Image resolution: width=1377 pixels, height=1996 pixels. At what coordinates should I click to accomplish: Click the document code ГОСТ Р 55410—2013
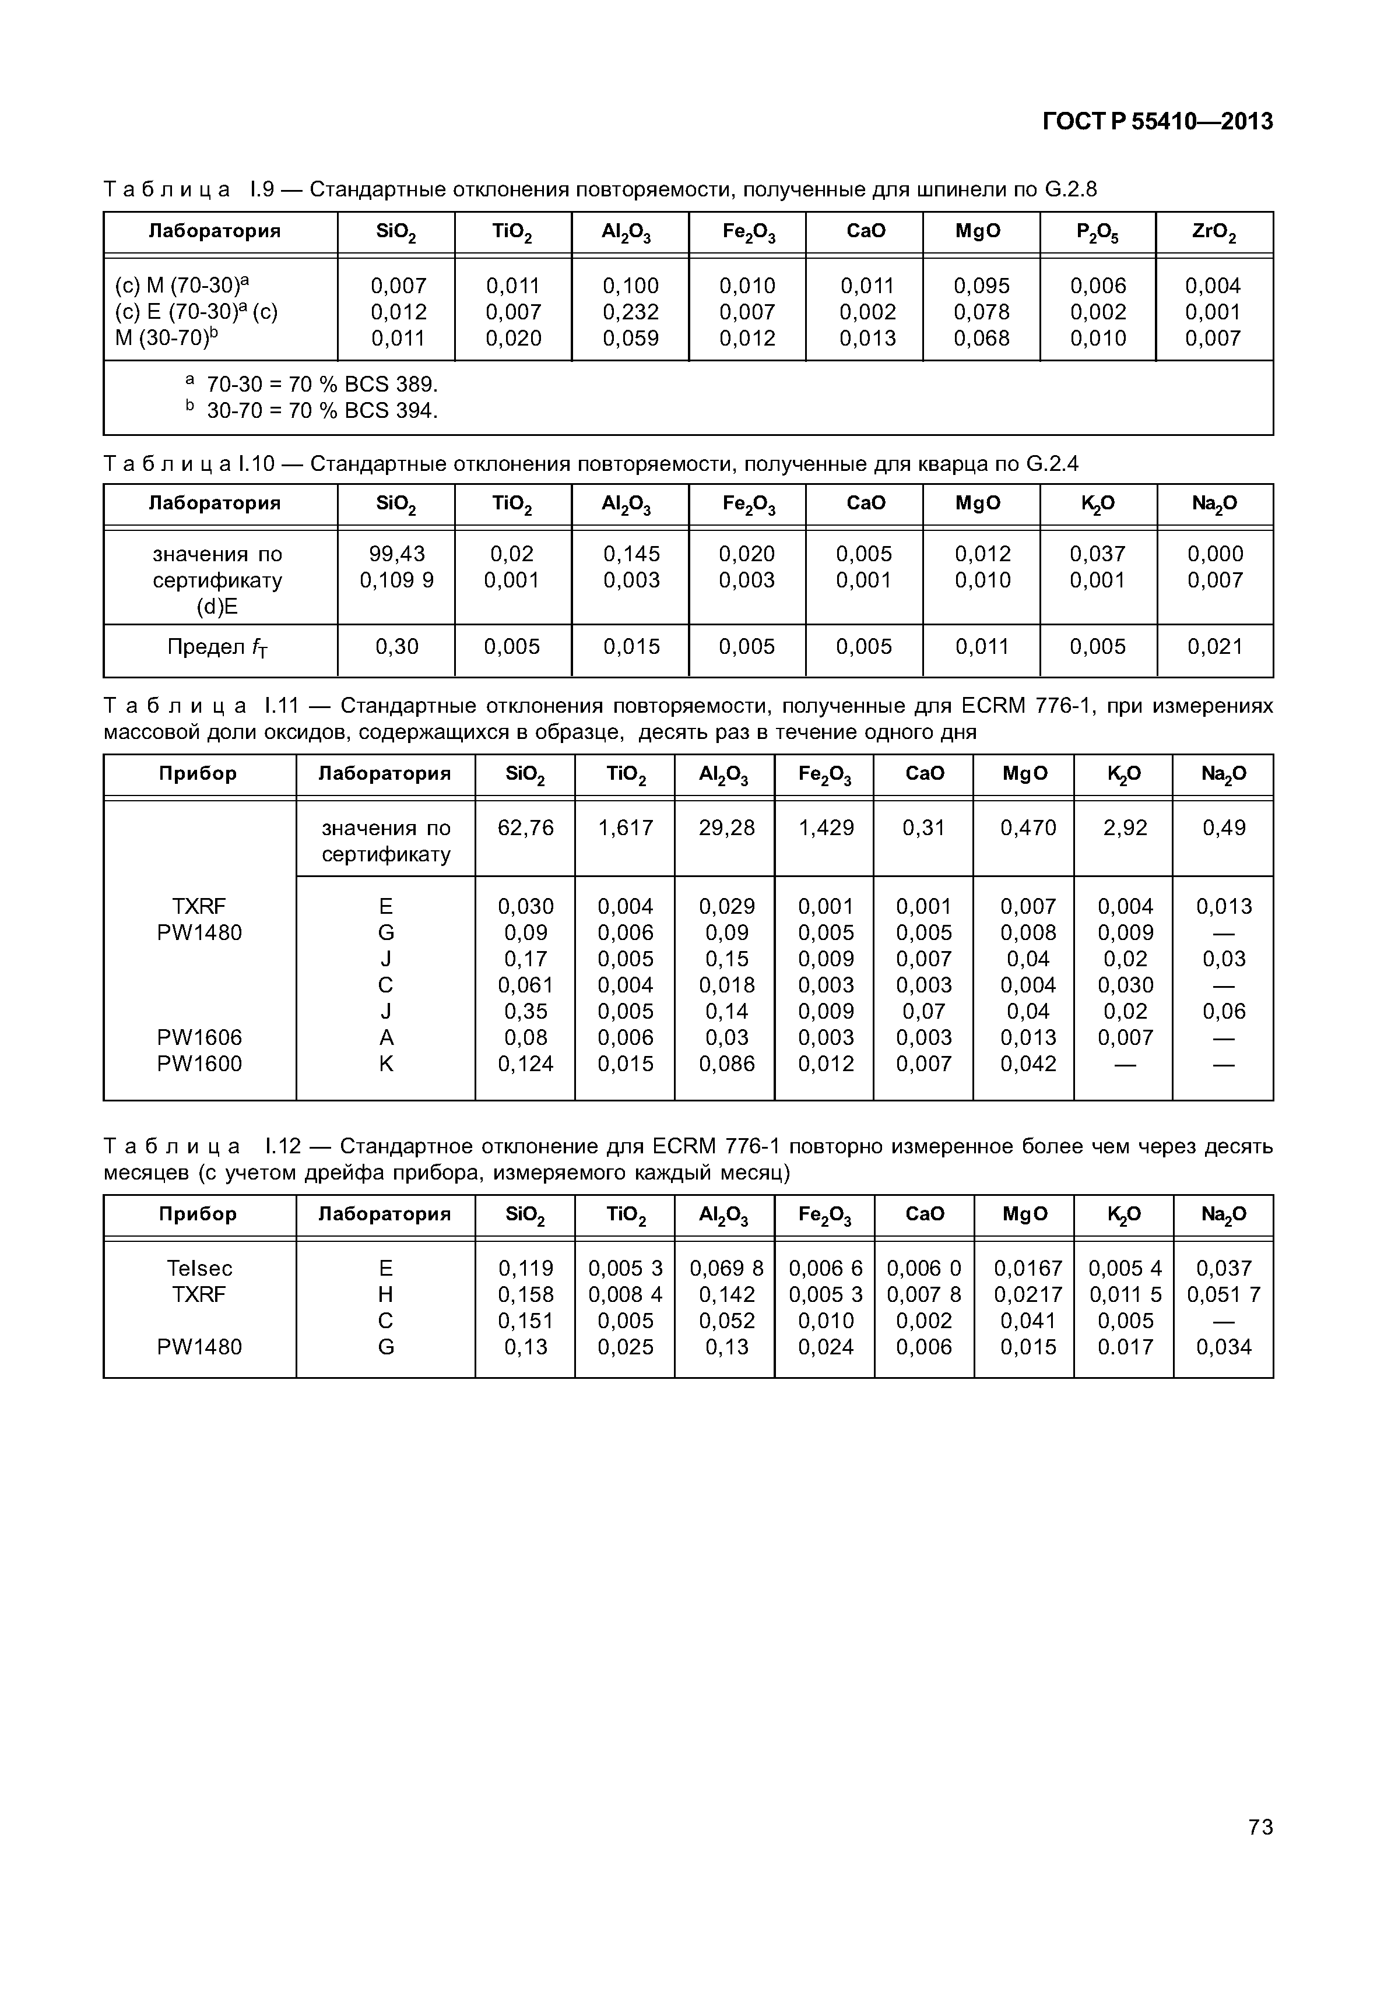point(1157,122)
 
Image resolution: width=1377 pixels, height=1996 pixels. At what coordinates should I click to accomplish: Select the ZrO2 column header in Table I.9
point(1214,232)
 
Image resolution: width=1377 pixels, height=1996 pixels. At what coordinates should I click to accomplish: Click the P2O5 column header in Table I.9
point(1097,232)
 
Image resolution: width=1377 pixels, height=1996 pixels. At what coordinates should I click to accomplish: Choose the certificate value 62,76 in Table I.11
point(525,828)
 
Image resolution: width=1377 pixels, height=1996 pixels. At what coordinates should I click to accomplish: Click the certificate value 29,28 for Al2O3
point(726,828)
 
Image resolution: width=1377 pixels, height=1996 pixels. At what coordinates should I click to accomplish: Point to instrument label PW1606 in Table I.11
point(199,1038)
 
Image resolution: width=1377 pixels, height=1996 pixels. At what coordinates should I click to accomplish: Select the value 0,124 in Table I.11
point(525,1064)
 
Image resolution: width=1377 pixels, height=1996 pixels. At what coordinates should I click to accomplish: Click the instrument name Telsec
point(199,1268)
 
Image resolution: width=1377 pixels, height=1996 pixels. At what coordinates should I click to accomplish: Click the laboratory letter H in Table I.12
point(386,1295)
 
